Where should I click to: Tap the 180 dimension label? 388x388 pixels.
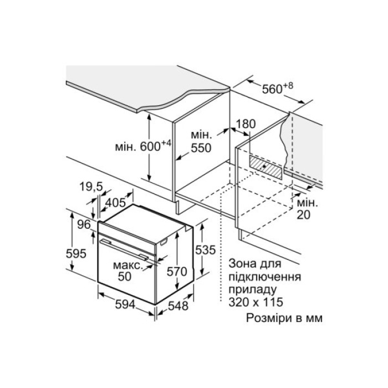[x=245, y=125]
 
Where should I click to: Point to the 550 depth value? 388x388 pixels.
[x=201, y=149]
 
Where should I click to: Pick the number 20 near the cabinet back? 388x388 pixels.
[x=304, y=214]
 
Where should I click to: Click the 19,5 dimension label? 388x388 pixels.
[x=91, y=188]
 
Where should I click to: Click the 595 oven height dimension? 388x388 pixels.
[x=75, y=253]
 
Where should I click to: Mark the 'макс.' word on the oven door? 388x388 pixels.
[x=127, y=265]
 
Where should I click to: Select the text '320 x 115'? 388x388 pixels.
[x=256, y=303]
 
